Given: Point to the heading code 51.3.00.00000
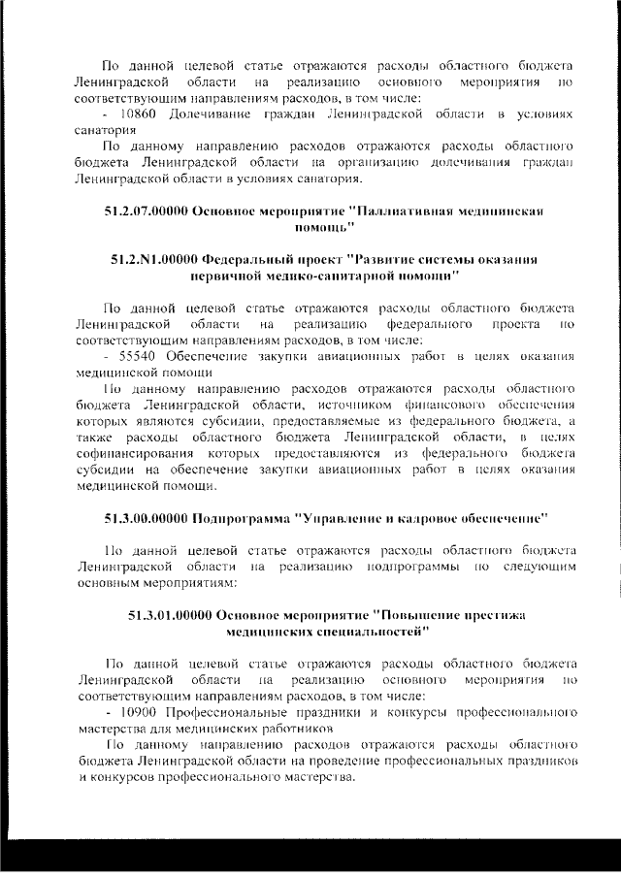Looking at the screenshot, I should (147, 510).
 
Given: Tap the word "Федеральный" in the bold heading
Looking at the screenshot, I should (256, 260).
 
